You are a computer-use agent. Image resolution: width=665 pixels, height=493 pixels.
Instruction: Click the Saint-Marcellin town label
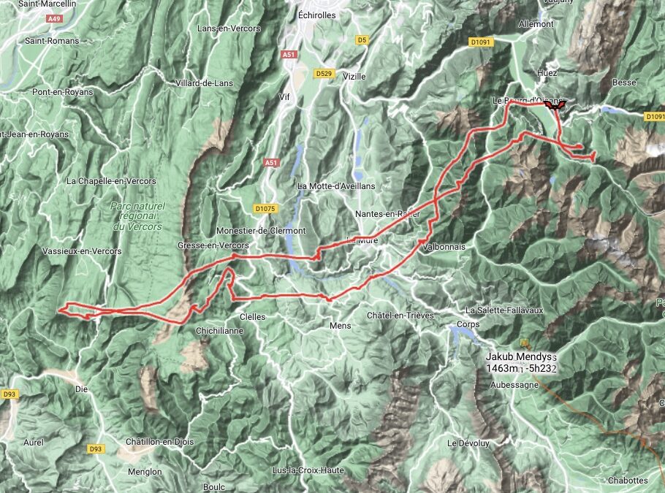click(x=50, y=4)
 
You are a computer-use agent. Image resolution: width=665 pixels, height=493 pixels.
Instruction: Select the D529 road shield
click(x=323, y=74)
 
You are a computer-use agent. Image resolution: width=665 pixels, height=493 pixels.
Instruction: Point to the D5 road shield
click(x=362, y=40)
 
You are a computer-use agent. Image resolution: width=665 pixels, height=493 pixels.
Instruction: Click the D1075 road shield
click(x=265, y=209)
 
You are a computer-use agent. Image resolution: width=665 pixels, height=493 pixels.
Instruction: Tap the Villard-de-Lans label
click(x=205, y=83)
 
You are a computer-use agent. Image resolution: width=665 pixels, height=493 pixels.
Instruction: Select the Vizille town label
click(x=354, y=77)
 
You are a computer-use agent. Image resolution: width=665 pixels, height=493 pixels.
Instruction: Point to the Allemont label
click(x=536, y=24)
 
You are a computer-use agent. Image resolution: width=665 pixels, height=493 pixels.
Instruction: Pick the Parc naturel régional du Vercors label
click(x=137, y=216)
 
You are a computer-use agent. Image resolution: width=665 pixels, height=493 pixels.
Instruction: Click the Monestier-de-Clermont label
click(x=261, y=231)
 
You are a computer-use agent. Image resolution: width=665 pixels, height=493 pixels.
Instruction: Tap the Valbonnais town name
click(x=443, y=247)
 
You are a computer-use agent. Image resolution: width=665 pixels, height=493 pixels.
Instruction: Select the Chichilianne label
click(x=219, y=330)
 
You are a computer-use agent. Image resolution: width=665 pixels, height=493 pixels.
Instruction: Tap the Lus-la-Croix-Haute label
click(x=308, y=470)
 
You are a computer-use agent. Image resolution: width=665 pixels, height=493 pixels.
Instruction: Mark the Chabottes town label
click(x=628, y=481)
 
